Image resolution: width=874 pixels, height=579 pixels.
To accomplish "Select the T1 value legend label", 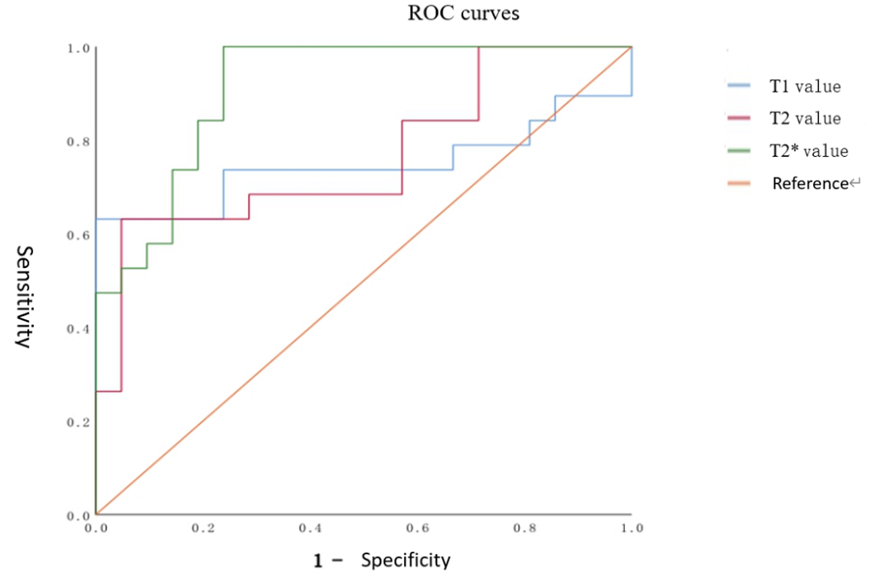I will click(x=805, y=86).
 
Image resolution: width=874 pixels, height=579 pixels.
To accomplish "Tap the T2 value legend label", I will click(x=805, y=119).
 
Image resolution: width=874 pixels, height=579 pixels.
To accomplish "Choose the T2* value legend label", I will click(x=808, y=151).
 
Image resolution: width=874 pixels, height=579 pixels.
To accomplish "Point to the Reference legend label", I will click(x=810, y=183).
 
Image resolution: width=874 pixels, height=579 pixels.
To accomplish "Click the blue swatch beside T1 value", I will click(x=739, y=85).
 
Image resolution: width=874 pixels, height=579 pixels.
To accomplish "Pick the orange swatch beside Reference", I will click(x=739, y=183).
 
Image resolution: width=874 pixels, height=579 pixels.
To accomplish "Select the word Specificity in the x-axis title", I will click(x=406, y=561).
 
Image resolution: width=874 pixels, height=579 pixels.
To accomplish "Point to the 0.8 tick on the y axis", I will click(x=79, y=142).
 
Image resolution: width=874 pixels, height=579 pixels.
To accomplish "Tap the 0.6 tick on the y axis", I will click(x=79, y=236).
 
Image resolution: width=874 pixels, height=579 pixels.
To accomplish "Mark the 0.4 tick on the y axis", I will click(x=79, y=329).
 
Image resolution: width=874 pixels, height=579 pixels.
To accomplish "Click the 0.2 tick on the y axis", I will click(x=79, y=422).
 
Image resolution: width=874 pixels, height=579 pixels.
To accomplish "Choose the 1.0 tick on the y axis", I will click(x=79, y=49).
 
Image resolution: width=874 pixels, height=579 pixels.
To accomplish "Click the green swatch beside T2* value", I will click(x=739, y=151).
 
